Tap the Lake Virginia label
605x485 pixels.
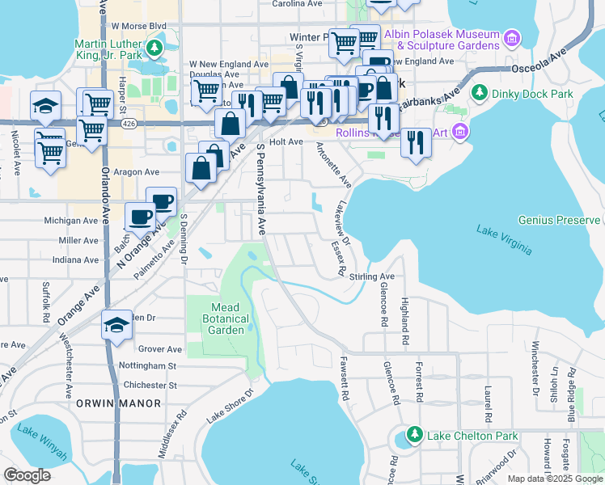coord(504,240)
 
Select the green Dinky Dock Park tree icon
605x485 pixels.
coord(478,94)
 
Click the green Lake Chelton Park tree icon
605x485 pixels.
coord(414,436)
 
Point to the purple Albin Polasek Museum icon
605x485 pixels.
coord(510,39)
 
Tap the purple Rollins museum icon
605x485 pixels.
coord(460,131)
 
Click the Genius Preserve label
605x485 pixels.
coord(559,220)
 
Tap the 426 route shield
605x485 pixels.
coord(129,124)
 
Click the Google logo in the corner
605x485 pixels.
coord(27,475)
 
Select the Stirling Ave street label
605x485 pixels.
coord(371,276)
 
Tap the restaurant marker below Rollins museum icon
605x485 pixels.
coord(416,142)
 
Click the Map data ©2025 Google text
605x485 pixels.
coord(555,479)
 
